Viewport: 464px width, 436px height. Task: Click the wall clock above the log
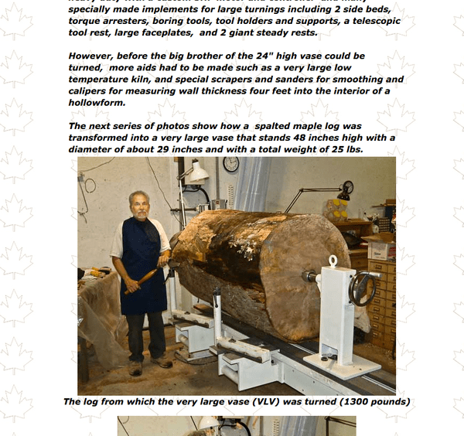coord(230,164)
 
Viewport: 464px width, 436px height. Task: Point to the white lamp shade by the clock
coord(198,174)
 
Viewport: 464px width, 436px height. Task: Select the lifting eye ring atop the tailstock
coord(333,261)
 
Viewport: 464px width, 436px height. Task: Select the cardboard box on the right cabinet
coord(381,250)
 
